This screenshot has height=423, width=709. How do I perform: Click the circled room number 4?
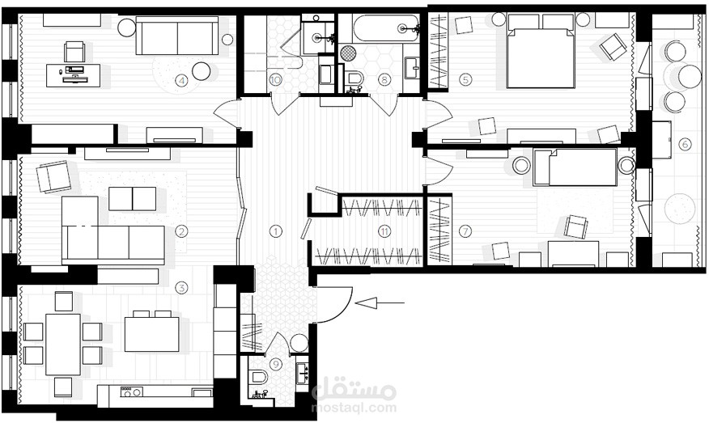pos(181,81)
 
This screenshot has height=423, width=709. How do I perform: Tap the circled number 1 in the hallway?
pos(275,231)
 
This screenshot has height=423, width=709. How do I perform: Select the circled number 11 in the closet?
pos(384,231)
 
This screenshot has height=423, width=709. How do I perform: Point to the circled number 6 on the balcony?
pos(685,144)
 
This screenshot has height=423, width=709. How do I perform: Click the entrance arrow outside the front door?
pos(380,302)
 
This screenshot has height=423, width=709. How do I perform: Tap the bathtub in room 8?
pos(386,29)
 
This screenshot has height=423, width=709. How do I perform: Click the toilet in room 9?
pos(259,376)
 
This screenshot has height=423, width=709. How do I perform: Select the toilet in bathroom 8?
pos(355,78)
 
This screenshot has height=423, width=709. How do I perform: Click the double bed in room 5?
pos(541,51)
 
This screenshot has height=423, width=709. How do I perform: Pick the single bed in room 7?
pos(575,167)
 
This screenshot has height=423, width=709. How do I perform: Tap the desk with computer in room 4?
pos(74,75)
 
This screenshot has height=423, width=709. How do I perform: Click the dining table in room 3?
pos(63,345)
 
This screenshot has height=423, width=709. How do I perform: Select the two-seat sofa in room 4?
pos(177,36)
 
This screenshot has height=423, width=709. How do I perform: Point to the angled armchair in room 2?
pos(53,176)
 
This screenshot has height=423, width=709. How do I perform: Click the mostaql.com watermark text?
pos(354,408)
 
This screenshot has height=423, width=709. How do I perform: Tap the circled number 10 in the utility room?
pos(275,80)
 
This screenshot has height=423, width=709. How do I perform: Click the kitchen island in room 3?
pos(152,334)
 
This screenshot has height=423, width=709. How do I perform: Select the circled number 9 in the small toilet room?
pos(275,364)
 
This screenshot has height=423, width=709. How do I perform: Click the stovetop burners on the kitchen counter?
pos(132,391)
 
